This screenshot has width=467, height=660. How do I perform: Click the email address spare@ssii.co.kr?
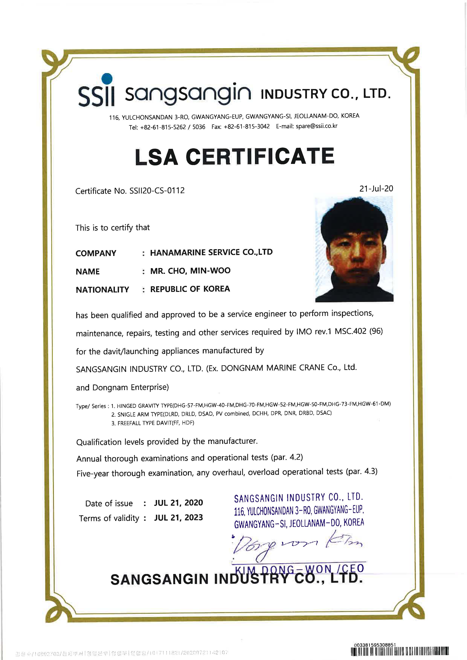pos(316,126)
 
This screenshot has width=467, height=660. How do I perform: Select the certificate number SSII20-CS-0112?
pos(157,191)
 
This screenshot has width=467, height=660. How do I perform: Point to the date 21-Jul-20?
pos(376,189)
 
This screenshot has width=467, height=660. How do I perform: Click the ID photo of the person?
pos(354,249)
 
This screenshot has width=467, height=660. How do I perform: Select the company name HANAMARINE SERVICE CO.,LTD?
pos(211,252)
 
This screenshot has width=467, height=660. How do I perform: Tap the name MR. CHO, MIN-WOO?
pos(190,271)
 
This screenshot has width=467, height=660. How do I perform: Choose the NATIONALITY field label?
pos(102,289)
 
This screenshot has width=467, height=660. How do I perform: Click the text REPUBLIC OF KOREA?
pos(190,289)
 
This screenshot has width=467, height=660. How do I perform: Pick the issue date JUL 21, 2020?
pos(179,502)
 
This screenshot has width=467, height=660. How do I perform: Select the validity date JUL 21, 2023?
pos(179,517)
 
